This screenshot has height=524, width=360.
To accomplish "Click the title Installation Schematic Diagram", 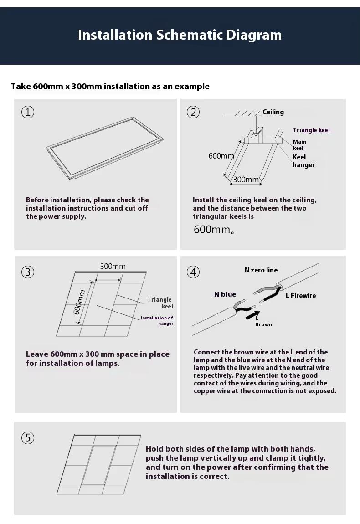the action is pos(180,35).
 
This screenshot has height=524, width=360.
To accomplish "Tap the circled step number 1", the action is pos(28,112).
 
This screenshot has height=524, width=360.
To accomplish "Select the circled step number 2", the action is pos(193,112).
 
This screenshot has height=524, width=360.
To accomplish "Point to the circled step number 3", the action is pos(28,272).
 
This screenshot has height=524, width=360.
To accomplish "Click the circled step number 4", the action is pos(193,272).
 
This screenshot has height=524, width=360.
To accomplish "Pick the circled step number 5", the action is pos(28,438).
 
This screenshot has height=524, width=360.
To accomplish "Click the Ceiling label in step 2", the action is pos(273,112).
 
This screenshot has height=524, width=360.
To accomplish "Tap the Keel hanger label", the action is pos(303,161).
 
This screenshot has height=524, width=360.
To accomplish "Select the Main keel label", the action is pos(299,145).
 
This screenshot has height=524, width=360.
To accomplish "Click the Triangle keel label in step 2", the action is pos(311,130).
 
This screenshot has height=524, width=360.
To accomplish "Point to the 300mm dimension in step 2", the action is pos(246,180).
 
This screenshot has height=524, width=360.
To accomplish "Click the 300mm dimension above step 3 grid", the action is pos(113,267).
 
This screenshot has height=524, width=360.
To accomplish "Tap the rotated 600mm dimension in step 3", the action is pos(79,302).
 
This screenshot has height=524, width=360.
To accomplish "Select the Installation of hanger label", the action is pos(157,320).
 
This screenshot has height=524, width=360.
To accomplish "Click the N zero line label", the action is pos(261,270).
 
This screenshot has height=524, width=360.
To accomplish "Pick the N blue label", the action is pos(225,294).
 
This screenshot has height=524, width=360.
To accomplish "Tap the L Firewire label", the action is pos(300,295).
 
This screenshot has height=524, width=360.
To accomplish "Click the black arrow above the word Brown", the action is pos(253,315).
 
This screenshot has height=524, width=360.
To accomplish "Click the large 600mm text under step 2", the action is pos(214,229).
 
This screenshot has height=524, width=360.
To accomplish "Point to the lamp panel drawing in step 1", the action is pos(105,148).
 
